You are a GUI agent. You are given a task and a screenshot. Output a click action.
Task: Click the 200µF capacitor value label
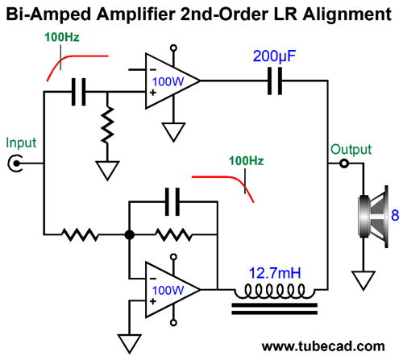coord(274,56)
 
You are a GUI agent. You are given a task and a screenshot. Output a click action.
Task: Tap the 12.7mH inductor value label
coord(275,273)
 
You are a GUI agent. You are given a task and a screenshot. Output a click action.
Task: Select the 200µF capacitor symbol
coord(275,81)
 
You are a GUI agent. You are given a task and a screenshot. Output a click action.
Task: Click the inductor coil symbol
coord(275,292)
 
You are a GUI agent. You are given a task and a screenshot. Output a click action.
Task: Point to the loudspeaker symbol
coord(373,217)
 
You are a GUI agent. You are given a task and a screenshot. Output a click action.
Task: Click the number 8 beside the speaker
coord(395,215)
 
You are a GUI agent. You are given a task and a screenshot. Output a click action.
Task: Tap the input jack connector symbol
coord(15,163)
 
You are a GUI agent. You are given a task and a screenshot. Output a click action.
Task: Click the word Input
coord(21,143)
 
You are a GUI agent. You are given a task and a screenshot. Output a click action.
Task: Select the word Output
coord(351,149)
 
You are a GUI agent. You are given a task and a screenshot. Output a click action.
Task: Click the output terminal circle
coord(344,163)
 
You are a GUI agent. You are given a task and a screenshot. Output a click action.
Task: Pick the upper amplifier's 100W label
coord(168,81)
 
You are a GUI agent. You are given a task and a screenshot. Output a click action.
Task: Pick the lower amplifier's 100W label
coord(168,290)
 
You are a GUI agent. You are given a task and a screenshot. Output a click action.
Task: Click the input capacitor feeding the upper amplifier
coord(78,92)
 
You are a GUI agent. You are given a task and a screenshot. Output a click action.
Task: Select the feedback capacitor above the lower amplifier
coord(172,202)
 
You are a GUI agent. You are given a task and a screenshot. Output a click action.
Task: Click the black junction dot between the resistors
coord(130,235)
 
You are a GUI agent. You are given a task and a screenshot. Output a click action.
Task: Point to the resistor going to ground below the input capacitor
coord(107,124)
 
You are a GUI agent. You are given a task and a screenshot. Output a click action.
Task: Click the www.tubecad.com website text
coord(323,346)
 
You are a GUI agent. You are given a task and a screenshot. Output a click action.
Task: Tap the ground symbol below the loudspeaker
coord(364,280)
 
